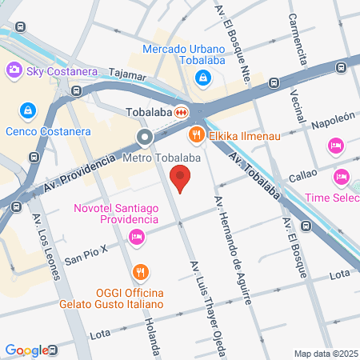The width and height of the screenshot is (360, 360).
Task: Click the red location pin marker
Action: [182, 178]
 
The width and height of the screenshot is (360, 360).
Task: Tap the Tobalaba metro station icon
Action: [183, 112]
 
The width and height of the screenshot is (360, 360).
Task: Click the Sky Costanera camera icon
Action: [14, 70]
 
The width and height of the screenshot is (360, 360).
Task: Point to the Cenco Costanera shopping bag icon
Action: [27, 110]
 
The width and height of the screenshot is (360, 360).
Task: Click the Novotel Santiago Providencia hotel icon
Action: [136, 236]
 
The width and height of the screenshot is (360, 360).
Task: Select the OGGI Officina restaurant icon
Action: [141, 270]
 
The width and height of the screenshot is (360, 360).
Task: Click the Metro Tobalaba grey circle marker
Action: [145, 138]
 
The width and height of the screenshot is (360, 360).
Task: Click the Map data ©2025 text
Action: [325, 354]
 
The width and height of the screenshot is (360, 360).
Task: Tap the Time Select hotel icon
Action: [341, 176]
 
